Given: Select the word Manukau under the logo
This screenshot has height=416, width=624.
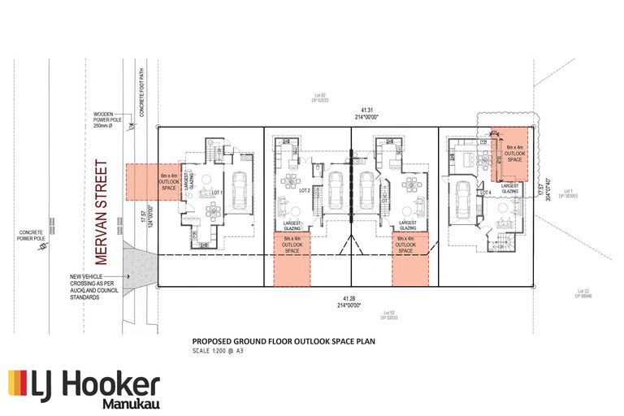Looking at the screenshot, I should pos(131,403).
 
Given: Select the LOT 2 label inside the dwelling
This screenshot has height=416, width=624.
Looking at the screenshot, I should pos(305,190).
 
